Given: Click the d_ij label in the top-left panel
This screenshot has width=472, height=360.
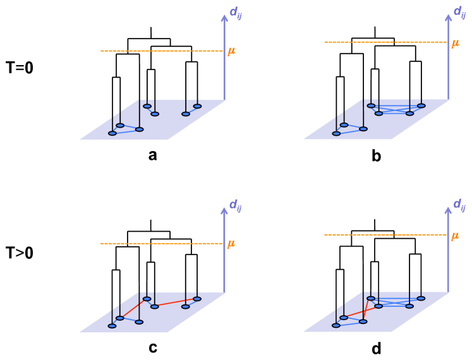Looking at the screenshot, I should click(x=235, y=13).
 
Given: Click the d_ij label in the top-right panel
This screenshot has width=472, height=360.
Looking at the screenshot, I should click(x=459, y=12).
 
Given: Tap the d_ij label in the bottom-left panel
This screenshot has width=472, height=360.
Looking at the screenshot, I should click(x=235, y=205).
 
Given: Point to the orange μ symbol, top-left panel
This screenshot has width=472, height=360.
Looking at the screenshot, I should click(x=231, y=51).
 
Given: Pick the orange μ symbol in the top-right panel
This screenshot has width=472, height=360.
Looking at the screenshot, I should click(x=455, y=44).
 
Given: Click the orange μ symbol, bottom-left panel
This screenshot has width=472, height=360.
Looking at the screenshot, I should click(x=231, y=244).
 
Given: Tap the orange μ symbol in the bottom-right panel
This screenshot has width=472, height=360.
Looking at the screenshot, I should click(x=455, y=236).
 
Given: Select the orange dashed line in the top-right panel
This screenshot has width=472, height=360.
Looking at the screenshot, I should click(x=385, y=42).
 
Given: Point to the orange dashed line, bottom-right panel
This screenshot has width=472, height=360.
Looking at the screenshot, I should click(x=385, y=234).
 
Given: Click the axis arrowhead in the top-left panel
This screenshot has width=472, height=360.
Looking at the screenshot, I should click(x=224, y=18).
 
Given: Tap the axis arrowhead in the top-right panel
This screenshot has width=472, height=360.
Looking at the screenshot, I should click(x=449, y=18).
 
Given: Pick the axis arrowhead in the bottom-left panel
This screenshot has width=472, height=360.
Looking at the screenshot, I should click(x=224, y=211).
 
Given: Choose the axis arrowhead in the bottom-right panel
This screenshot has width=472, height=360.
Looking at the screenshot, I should click(x=448, y=210).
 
